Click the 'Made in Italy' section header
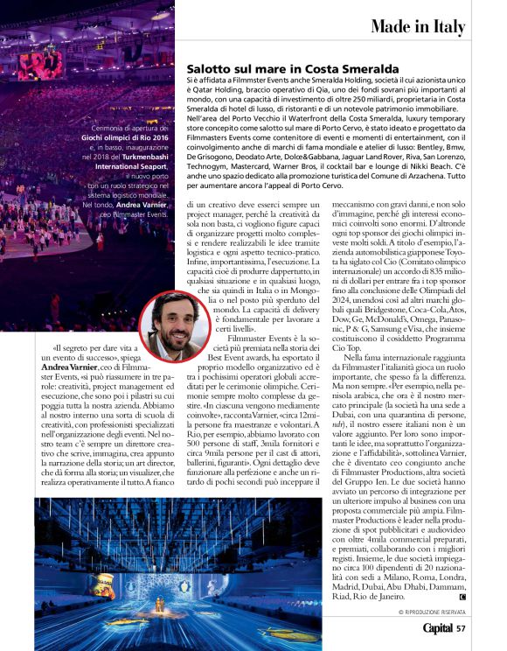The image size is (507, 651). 417,27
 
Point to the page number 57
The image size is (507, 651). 461,626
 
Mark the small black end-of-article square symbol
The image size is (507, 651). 462,597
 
